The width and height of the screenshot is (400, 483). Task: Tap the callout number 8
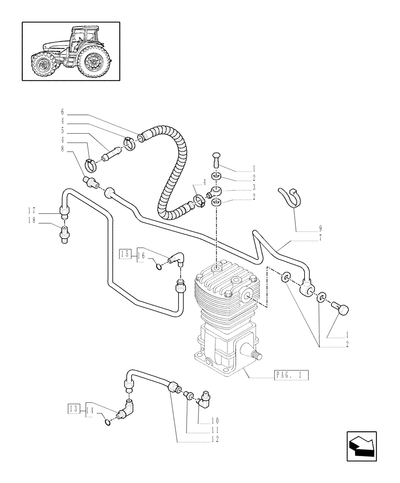[62, 149]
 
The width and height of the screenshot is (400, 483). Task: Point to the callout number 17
[31, 210]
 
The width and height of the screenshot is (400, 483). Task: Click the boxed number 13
[73, 410]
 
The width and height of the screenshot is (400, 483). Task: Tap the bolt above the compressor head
[216, 159]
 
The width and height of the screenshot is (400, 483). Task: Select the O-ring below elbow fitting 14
[108, 423]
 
